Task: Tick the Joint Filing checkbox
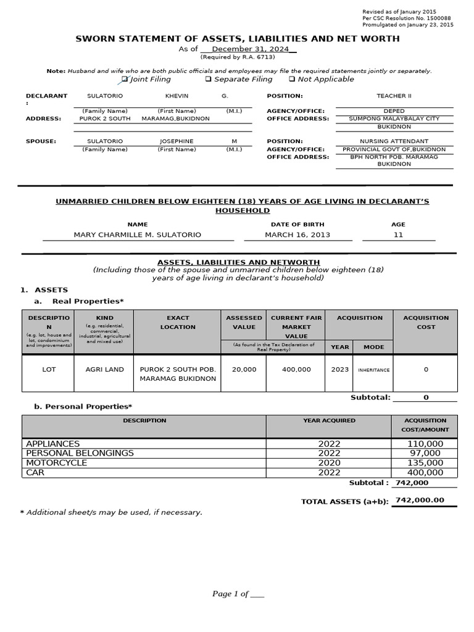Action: click(125, 79)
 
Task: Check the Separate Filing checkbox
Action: click(208, 79)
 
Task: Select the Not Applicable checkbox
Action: click(292, 79)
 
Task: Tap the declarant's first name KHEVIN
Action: click(177, 96)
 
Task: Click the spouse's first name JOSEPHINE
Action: click(177, 141)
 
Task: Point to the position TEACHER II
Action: click(394, 96)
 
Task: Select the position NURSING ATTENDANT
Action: click(394, 141)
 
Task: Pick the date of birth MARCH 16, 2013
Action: click(297, 235)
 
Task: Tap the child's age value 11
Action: click(398, 235)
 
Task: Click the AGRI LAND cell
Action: click(104, 370)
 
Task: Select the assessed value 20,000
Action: click(244, 370)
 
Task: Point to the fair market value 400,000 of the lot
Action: click(296, 370)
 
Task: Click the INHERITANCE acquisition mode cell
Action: click(373, 370)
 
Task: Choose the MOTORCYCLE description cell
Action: click(57, 463)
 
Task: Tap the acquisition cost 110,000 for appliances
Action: click(425, 444)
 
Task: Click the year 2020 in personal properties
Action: click(329, 463)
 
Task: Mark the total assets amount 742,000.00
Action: click(420, 501)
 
